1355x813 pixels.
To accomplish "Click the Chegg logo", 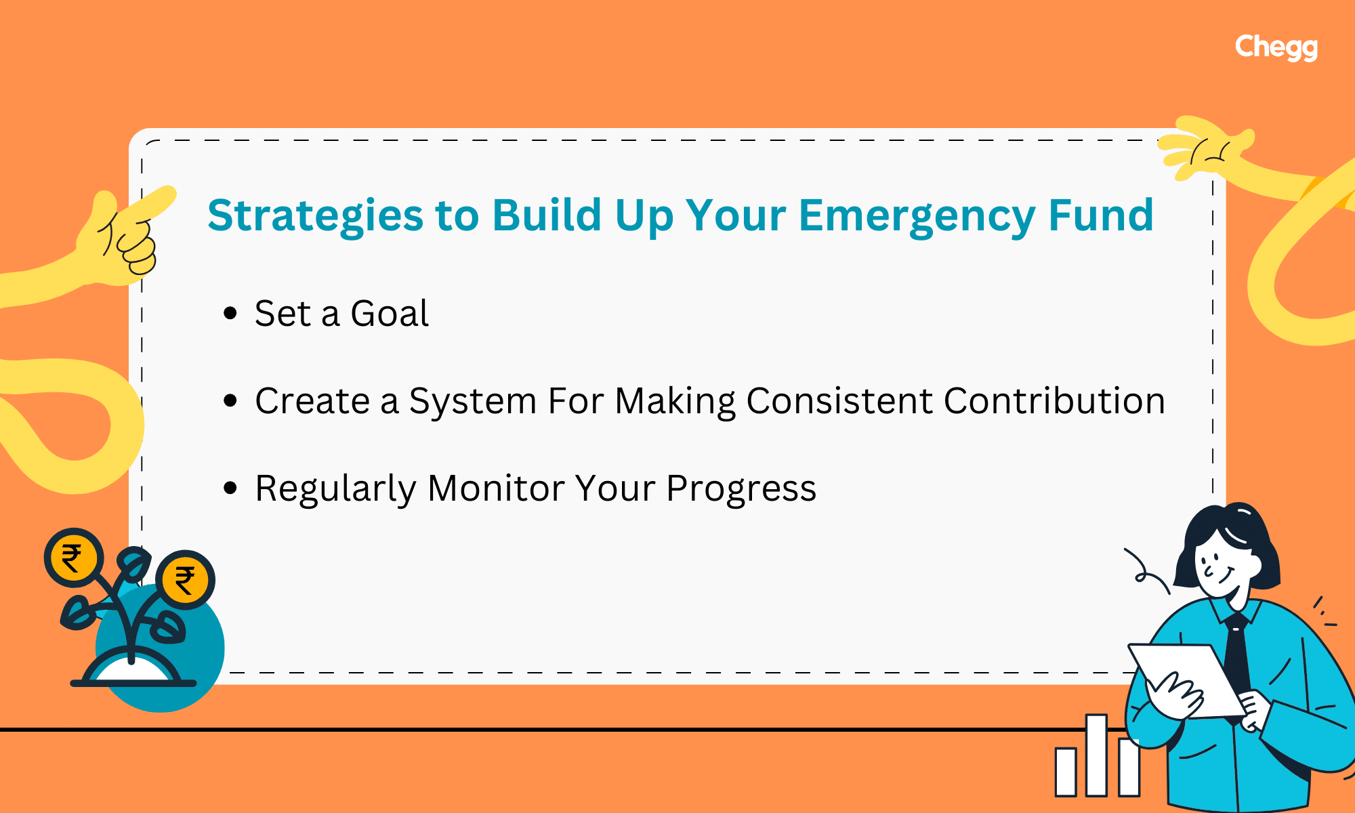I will (x=1276, y=47).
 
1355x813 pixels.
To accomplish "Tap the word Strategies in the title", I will (x=315, y=215).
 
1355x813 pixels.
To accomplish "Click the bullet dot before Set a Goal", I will (x=230, y=314).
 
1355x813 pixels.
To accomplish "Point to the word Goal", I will (x=389, y=314).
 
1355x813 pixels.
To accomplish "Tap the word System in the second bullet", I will (x=472, y=400).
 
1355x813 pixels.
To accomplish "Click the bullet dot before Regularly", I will (x=230, y=488).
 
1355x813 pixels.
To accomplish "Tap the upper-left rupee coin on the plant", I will (x=73, y=558).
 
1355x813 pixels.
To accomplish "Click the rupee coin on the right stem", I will (x=185, y=579).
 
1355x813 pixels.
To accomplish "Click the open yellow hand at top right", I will (x=1206, y=149).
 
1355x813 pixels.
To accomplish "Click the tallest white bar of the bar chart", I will (x=1096, y=755).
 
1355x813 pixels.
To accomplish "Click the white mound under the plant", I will (x=132, y=671).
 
